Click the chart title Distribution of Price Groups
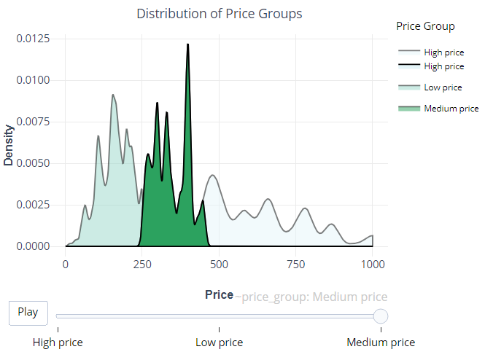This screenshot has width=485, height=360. click(219, 14)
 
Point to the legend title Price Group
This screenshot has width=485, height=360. click(425, 26)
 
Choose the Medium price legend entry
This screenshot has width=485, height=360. click(451, 109)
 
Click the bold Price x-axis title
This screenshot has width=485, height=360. click(219, 295)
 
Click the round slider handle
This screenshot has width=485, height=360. click(380, 316)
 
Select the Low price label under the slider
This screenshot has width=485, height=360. click(220, 343)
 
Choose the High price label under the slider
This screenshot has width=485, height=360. click(58, 343)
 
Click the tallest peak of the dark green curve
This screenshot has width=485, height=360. click(187, 45)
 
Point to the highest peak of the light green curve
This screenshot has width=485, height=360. click(113, 95)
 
